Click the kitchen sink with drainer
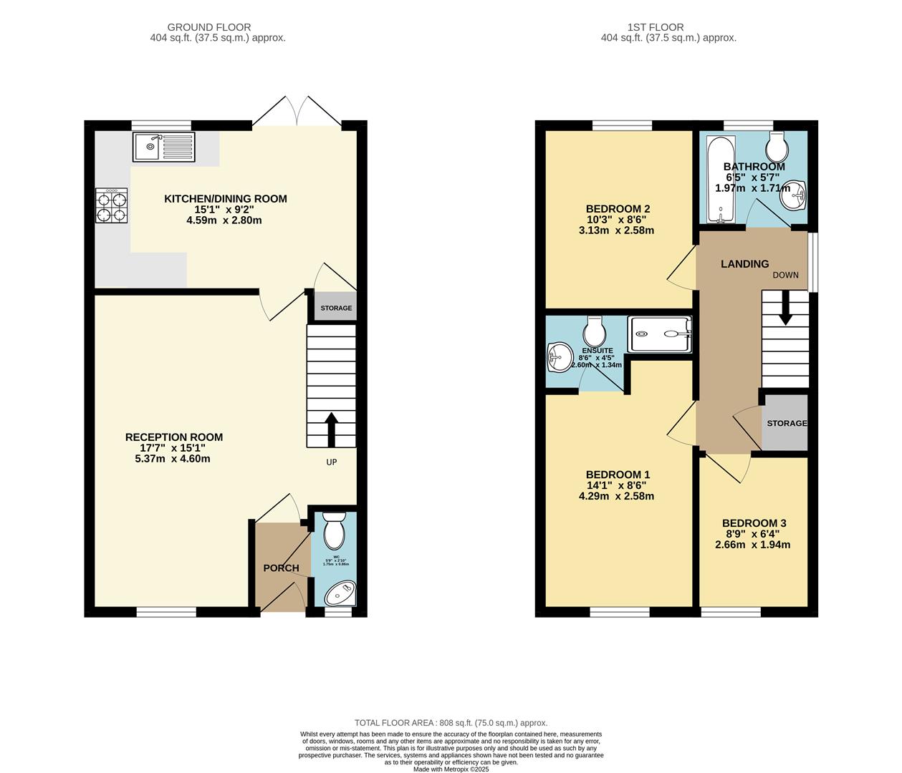pyautogui.click(x=163, y=147)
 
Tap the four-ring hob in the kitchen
pyautogui.click(x=112, y=206)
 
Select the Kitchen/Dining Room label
pyautogui.click(x=225, y=199)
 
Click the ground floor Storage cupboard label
pyautogui.click(x=336, y=308)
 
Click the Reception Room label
pyautogui.click(x=174, y=437)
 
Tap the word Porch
pyautogui.click(x=281, y=568)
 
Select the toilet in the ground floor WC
pyautogui.click(x=335, y=531)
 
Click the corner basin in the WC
pyautogui.click(x=339, y=594)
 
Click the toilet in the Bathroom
pyautogui.click(x=777, y=147)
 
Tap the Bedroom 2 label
pyautogui.click(x=618, y=209)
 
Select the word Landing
pyautogui.click(x=744, y=264)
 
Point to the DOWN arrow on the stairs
pyautogui.click(x=785, y=311)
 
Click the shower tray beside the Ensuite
pyautogui.click(x=660, y=334)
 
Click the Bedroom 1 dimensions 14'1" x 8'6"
pyautogui.click(x=618, y=485)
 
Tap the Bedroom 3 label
pyautogui.click(x=754, y=523)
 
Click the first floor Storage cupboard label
pyautogui.click(x=787, y=423)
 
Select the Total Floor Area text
pyautogui.click(x=451, y=723)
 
